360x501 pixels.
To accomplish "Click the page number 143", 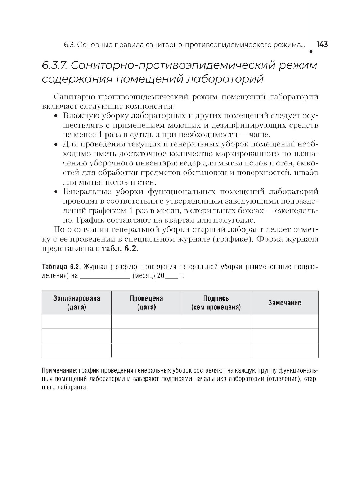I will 322,45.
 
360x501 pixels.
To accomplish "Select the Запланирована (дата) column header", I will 77,302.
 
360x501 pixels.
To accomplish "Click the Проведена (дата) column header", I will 146,302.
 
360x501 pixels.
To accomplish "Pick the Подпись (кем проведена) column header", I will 216,302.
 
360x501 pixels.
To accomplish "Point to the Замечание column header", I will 284,302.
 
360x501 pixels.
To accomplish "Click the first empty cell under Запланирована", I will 77,322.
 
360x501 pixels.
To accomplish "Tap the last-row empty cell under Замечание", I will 284,351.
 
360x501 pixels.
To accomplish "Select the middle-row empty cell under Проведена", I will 146,336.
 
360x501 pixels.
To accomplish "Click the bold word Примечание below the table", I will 60,370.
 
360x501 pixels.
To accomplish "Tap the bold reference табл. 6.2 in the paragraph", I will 120,249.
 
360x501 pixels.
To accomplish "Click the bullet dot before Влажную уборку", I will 56,116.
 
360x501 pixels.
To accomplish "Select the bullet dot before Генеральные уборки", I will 56,192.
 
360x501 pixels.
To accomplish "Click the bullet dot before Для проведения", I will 56,145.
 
